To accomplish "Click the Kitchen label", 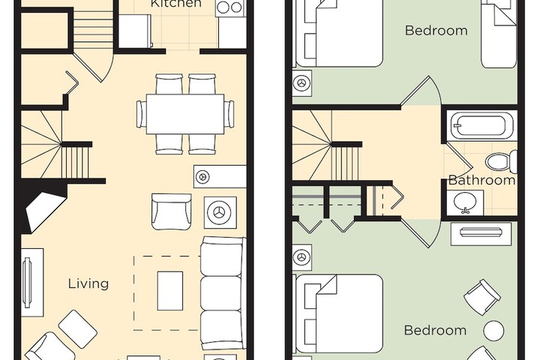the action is [176, 4].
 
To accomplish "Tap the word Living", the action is [88, 284].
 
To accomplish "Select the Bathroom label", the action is [481, 180].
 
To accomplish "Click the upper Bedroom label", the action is [436, 30].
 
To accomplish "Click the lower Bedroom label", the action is [435, 330].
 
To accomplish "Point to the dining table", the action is [185, 114].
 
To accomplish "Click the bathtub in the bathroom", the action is [481, 125].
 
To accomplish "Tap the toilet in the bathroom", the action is [502, 161].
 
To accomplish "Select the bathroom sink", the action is [465, 202].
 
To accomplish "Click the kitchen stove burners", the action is [230, 7].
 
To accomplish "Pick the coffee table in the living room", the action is [170, 290].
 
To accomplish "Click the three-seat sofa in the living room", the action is [222, 292].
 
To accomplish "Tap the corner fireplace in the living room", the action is [40, 206].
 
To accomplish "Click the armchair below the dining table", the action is [171, 211].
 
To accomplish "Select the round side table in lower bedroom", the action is [493, 331].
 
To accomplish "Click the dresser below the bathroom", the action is [481, 234].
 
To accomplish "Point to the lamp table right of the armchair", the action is [220, 212].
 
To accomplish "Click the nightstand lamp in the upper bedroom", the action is [302, 83].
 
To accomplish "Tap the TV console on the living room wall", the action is [31, 283].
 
